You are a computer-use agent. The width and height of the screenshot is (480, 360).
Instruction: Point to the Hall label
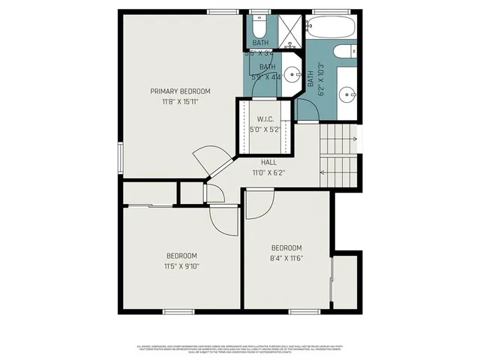(x=268, y=162)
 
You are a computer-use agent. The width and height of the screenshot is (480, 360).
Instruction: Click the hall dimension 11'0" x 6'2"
(x=268, y=172)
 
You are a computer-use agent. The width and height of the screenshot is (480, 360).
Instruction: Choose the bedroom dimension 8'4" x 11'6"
(x=286, y=259)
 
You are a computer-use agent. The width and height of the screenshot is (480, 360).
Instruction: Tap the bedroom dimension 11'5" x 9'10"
(x=181, y=265)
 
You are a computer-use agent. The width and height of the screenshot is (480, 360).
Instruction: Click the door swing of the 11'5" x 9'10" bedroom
(x=224, y=220)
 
